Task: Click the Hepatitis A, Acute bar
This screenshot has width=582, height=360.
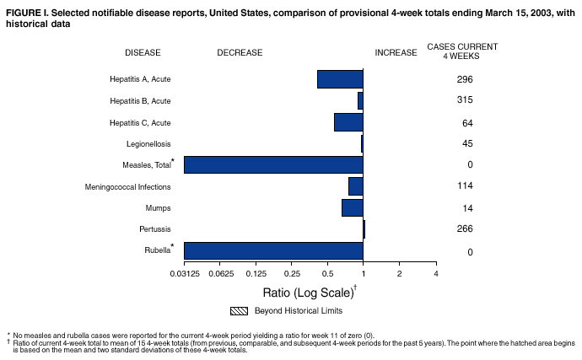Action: coord(340,79)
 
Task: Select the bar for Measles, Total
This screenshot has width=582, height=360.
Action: coord(273,165)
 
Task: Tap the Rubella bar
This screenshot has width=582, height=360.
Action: coord(273,250)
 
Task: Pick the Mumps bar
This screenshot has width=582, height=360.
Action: coord(353,207)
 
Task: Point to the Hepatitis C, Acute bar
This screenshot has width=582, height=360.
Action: coord(348,122)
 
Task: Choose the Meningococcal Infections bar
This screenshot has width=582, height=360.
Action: coord(356,186)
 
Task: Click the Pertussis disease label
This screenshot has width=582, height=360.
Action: coord(155,229)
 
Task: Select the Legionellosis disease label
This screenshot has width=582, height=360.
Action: coord(148,144)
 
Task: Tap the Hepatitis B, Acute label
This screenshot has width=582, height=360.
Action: coord(140,101)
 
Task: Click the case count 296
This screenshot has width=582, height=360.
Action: coord(464,80)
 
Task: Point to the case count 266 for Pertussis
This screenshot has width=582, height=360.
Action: coord(464,228)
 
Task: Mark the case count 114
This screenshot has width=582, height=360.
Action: coord(464,186)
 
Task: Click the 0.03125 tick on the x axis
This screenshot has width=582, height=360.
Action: coord(184,274)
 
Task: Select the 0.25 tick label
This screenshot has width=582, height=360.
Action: coord(292,274)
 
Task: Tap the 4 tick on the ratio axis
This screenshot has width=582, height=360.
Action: coord(435,274)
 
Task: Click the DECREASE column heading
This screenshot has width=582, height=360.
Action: coord(240,53)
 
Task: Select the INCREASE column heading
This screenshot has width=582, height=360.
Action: coord(396,53)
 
